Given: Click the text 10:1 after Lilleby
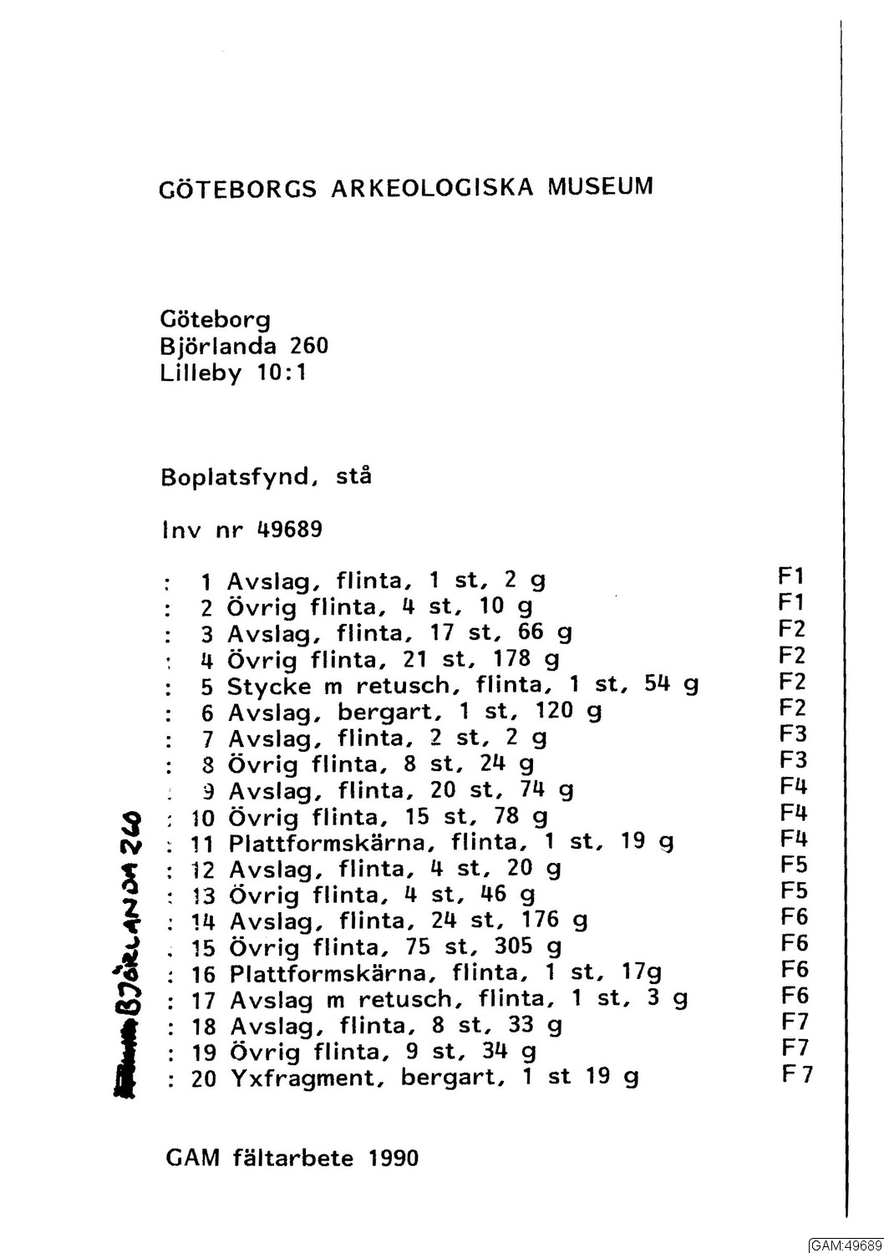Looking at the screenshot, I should [x=282, y=373].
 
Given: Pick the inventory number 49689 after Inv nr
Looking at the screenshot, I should [x=290, y=530].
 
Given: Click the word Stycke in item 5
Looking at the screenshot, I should [x=269, y=687].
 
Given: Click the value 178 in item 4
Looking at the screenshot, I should [x=512, y=659].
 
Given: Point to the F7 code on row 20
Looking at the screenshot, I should [x=797, y=1074].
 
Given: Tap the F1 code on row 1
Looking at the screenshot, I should [x=790, y=576].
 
